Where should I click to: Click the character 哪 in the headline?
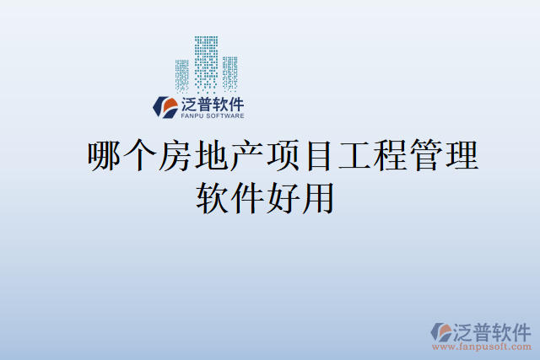[105, 158]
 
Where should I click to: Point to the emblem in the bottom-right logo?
[442, 330]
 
